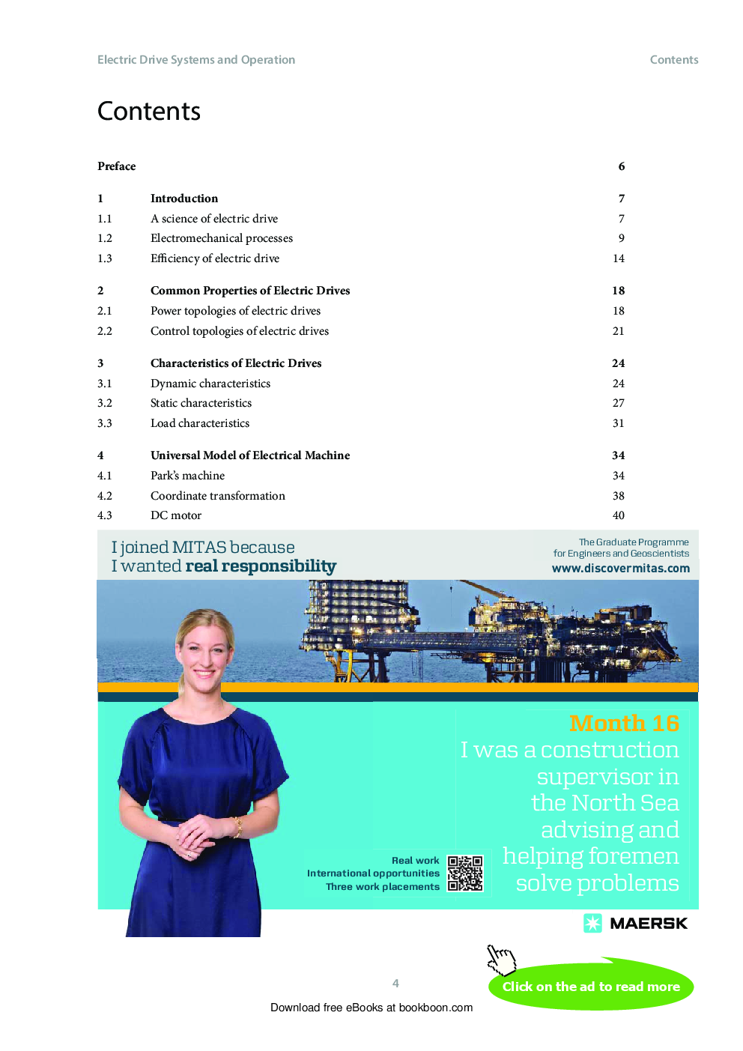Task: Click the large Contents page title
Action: point(149,112)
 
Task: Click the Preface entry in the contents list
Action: point(117,166)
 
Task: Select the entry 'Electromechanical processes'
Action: point(222,238)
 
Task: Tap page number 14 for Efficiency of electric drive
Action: point(619,258)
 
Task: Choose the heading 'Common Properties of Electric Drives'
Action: point(250,291)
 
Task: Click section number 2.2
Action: point(105,331)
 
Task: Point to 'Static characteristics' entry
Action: point(201,403)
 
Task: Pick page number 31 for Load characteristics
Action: point(619,423)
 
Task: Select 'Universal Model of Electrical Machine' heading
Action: point(250,455)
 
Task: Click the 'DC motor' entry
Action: point(176,515)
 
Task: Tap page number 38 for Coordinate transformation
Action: point(619,496)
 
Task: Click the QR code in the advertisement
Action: point(465,873)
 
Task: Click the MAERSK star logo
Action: point(592,923)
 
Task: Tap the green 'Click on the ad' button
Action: point(591,987)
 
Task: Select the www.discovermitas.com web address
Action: point(621,569)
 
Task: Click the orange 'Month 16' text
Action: point(624,723)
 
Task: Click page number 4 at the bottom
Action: point(395,984)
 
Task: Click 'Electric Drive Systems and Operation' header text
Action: point(196,60)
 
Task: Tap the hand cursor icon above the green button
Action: point(501,958)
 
